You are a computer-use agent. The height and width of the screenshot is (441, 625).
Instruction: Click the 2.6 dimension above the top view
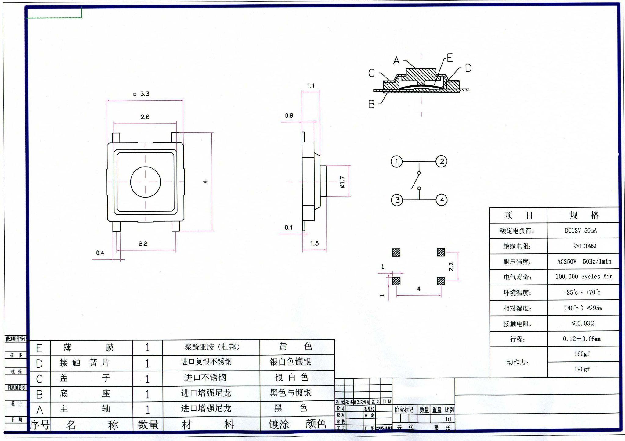pos(145,117)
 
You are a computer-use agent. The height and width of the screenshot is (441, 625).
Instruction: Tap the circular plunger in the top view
pos(145,182)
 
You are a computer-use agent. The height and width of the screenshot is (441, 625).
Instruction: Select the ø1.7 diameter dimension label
pos(342,182)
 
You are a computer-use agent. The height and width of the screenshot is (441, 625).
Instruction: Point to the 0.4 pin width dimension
pos(100,253)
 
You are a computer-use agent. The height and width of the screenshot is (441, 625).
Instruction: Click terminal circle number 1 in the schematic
pos(397,162)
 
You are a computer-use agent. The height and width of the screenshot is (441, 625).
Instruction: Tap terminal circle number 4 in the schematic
pos(442,200)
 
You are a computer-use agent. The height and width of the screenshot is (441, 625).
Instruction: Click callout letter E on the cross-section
pos(450,58)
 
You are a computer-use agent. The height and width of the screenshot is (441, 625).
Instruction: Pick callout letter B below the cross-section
pos(371,104)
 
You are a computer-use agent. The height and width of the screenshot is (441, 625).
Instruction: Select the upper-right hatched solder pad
pos(441,252)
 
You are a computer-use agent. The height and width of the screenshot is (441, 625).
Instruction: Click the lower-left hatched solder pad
pos(396,281)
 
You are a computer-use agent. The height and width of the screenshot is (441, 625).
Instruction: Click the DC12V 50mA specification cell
pos(581,231)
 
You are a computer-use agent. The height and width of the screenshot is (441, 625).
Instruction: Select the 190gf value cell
pos(582,369)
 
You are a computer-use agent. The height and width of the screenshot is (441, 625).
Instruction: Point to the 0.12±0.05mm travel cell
pos(582,339)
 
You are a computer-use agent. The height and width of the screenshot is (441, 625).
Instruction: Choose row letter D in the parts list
pos(39,364)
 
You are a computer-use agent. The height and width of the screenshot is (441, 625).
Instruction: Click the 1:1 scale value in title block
pos(448,419)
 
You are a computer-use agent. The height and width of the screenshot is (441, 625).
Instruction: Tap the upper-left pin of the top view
pos(116,138)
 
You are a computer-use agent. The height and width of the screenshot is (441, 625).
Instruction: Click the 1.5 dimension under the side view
pos(314,243)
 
